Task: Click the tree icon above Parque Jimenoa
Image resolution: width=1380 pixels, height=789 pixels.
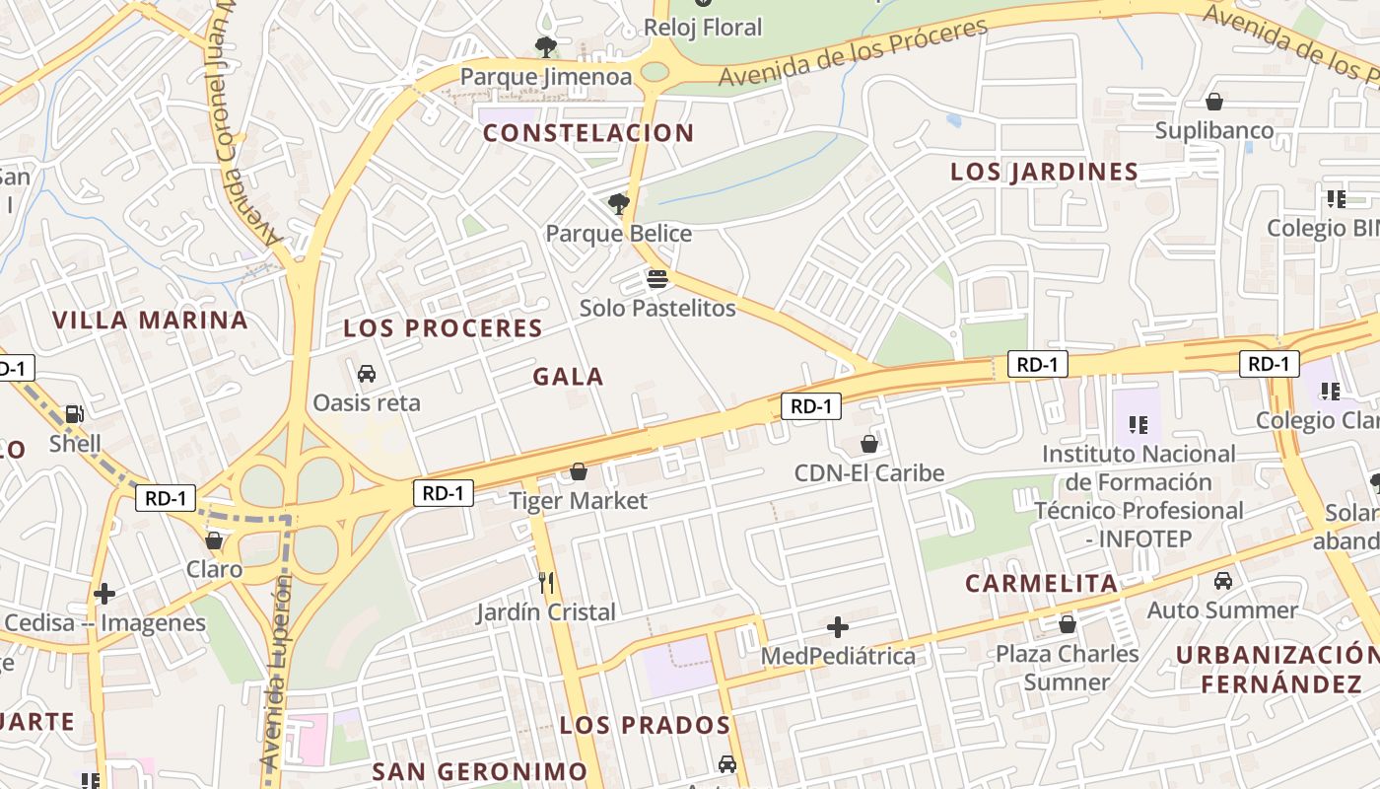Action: click(545, 46)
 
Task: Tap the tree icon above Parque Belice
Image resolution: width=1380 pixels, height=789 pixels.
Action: click(619, 204)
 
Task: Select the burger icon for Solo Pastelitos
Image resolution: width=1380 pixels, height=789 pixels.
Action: click(657, 279)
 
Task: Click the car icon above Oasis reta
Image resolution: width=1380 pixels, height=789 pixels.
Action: click(367, 374)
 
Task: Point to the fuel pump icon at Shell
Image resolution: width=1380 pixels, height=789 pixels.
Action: click(75, 414)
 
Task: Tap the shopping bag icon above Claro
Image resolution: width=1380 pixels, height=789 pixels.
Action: click(214, 540)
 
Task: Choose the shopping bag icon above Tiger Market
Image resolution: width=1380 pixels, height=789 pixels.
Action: click(579, 472)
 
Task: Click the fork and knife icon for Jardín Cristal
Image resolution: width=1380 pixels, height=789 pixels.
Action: click(546, 583)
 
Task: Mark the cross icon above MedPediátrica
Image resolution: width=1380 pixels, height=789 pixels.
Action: click(838, 627)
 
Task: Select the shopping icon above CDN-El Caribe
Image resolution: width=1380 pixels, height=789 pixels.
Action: click(869, 445)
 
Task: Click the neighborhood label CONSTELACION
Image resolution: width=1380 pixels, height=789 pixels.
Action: click(588, 133)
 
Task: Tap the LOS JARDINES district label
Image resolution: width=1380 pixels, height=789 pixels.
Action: click(1044, 172)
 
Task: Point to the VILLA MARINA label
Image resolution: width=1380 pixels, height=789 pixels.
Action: click(150, 320)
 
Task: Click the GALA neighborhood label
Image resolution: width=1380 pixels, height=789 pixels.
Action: click(569, 377)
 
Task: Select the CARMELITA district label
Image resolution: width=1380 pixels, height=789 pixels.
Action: click(1042, 583)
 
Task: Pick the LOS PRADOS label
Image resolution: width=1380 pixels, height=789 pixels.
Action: click(645, 726)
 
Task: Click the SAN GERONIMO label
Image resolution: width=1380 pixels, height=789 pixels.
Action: click(480, 771)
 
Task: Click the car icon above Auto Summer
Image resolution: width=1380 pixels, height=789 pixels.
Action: click(1223, 581)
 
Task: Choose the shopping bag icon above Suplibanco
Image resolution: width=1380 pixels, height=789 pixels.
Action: click(1214, 102)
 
